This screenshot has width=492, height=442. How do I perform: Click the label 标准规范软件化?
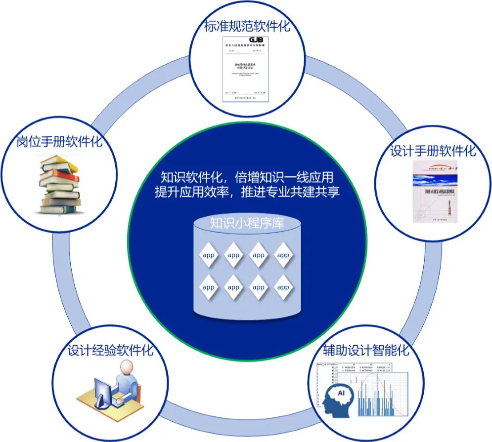click(x=247, y=26)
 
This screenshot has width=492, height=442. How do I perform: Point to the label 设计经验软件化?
click(x=110, y=351)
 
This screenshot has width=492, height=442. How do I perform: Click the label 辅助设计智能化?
click(x=366, y=351)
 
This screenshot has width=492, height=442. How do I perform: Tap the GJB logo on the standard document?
click(x=256, y=40)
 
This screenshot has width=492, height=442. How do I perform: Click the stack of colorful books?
click(x=58, y=184)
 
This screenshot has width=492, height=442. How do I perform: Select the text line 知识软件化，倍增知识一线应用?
click(x=247, y=176)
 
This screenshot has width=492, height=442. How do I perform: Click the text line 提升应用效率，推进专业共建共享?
click(x=247, y=192)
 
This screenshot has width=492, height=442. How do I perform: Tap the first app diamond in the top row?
click(x=208, y=255)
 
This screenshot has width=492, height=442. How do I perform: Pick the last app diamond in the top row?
click(x=283, y=255)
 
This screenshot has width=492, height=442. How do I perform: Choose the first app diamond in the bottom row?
click(x=208, y=287)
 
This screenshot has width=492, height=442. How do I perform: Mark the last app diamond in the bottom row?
click(x=283, y=287)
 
